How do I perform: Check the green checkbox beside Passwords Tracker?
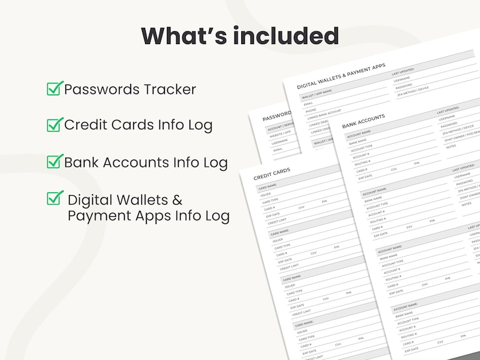[x=54, y=89]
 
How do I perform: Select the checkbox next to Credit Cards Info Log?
[x=54, y=124]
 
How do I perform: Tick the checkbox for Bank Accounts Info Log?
[x=54, y=161]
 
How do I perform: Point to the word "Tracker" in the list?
[x=169, y=90]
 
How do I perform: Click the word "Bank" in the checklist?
[x=82, y=162]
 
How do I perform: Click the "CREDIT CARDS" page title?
[x=271, y=173]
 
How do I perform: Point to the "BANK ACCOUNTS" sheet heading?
[x=363, y=121]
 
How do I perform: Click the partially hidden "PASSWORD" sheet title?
[x=277, y=115]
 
